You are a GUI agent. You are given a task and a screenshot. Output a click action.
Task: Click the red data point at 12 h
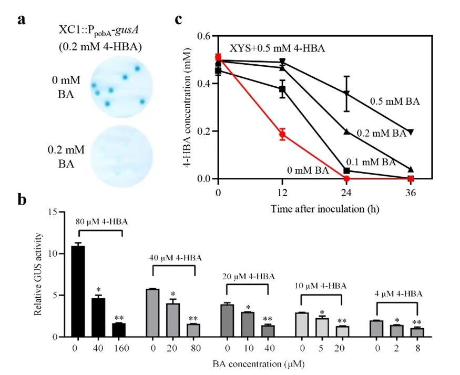(x=282, y=134)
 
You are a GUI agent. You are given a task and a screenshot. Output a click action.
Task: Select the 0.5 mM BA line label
(x=394, y=100)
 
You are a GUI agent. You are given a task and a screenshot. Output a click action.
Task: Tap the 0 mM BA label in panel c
(x=308, y=170)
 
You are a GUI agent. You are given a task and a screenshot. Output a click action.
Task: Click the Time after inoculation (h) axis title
(x=325, y=208)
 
